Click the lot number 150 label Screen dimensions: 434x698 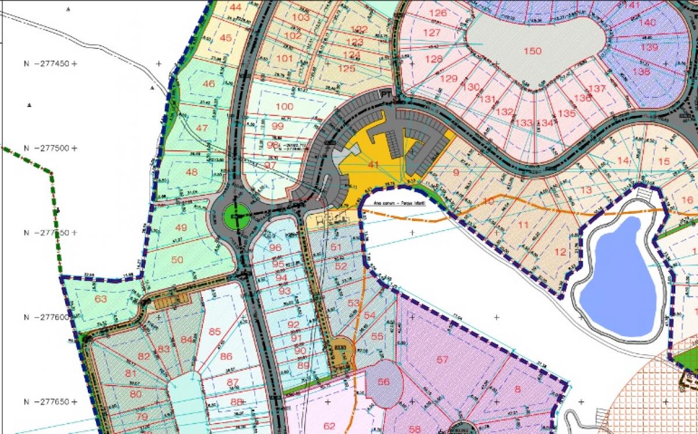coord(532,51)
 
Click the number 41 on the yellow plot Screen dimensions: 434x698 coord(373,165)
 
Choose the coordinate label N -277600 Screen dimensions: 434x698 coord(47,317)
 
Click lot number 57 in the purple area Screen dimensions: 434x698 coord(443,359)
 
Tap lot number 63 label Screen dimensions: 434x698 coord(101,299)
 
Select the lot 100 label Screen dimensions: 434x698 coord(284,107)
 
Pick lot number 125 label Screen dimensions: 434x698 coord(347,69)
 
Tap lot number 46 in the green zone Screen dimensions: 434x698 coord(208,84)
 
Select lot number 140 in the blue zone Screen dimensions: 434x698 coord(647,23)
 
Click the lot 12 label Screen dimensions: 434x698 coord(560,252)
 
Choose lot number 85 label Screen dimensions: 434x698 coord(215,332)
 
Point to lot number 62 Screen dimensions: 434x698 coord(329,425)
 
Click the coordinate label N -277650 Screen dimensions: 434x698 coord(47,402)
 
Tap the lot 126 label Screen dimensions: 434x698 coord(437,13)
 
